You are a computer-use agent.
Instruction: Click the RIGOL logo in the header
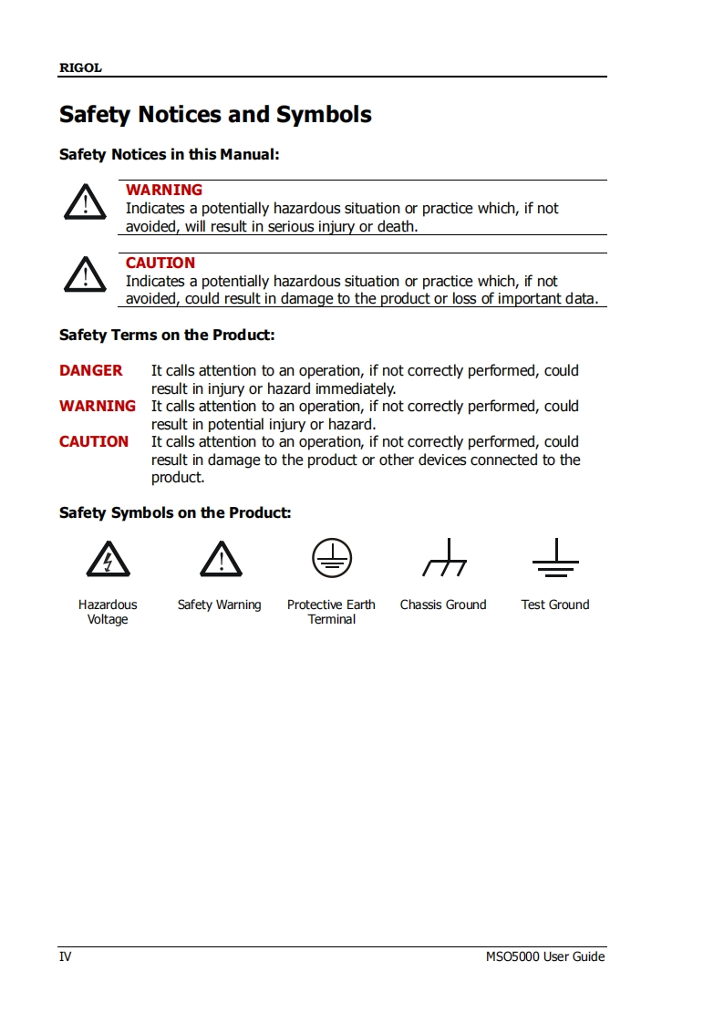[x=80, y=67]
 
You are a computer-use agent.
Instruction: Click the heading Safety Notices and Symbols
[x=215, y=115]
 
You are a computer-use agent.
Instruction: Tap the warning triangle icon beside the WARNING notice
[x=85, y=201]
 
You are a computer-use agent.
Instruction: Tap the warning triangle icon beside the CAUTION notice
[x=85, y=274]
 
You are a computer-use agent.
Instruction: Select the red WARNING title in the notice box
[x=164, y=190]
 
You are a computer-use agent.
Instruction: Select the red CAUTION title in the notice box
[x=160, y=263]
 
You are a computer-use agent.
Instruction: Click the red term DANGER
[x=90, y=370]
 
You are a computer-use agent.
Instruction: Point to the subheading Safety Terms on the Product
[x=167, y=335]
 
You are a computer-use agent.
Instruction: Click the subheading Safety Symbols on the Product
[x=175, y=512]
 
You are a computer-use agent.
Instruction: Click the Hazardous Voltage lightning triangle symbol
[x=108, y=559]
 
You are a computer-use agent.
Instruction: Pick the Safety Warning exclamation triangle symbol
[x=221, y=559]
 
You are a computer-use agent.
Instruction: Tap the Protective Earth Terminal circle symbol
[x=332, y=557]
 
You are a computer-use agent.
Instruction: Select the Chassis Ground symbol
[x=444, y=558]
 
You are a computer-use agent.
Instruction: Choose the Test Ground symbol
[x=555, y=558]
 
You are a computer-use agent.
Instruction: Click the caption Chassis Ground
[x=443, y=604]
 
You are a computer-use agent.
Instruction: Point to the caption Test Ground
[x=555, y=604]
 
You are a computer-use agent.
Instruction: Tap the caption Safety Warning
[x=219, y=604]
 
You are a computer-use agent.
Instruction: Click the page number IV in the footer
[x=65, y=956]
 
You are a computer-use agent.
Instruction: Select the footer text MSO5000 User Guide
[x=545, y=956]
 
